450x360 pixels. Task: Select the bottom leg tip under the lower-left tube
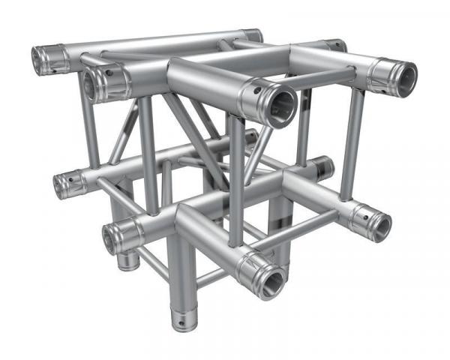click(127, 262)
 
